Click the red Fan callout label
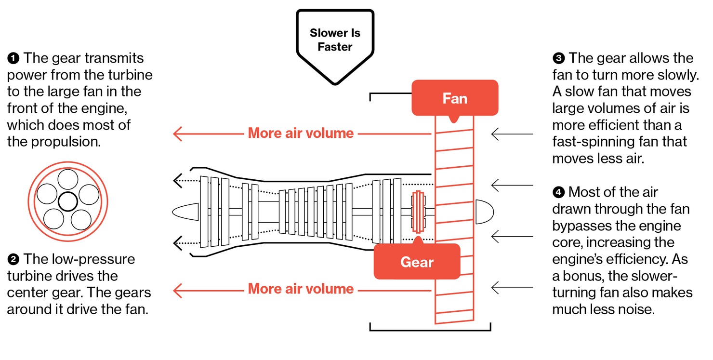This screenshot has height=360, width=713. (454, 98)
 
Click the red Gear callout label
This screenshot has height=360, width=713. (417, 262)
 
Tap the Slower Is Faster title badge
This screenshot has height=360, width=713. (335, 40)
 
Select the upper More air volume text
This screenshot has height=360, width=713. (301, 133)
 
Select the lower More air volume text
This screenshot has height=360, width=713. (301, 289)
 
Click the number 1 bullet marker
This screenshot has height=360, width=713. (13, 59)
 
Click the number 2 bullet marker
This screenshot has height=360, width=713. (13, 260)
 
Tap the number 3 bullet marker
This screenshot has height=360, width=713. (558, 59)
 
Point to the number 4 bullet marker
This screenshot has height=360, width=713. (558, 193)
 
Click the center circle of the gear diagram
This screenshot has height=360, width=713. (67, 200)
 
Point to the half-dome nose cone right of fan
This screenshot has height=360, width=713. (484, 212)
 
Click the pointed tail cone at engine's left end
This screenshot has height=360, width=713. (185, 212)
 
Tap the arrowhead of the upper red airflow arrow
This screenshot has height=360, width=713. (178, 133)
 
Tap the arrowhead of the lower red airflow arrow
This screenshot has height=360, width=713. (178, 290)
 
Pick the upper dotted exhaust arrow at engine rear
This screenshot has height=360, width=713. (177, 181)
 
